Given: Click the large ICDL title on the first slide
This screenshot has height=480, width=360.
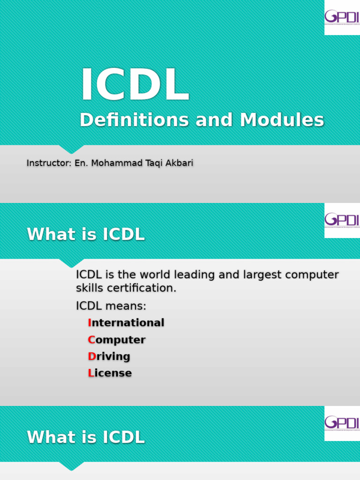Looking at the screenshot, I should (x=135, y=85).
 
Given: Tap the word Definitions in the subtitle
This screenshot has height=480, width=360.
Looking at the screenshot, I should (x=135, y=120).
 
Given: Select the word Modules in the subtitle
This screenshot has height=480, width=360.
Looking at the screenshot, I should (x=282, y=120).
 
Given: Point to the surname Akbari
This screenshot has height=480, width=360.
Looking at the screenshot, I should (x=178, y=163).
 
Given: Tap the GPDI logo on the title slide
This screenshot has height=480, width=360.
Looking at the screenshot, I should (x=342, y=17).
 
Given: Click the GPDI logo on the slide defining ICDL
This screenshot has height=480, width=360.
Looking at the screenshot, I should (x=342, y=220).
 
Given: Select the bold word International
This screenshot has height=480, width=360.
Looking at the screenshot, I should (x=126, y=323).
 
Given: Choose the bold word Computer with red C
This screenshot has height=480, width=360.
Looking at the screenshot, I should (x=116, y=340).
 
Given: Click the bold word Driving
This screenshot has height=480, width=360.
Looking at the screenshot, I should (x=109, y=356).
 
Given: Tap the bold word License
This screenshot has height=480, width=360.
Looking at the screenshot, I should (x=110, y=373).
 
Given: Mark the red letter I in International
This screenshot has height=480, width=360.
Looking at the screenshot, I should (x=89, y=323).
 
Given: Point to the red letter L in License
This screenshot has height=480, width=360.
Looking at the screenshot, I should (x=90, y=373).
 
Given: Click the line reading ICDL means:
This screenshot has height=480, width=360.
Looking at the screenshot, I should (x=111, y=306).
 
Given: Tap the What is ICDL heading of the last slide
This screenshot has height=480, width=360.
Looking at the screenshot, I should (x=86, y=437).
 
